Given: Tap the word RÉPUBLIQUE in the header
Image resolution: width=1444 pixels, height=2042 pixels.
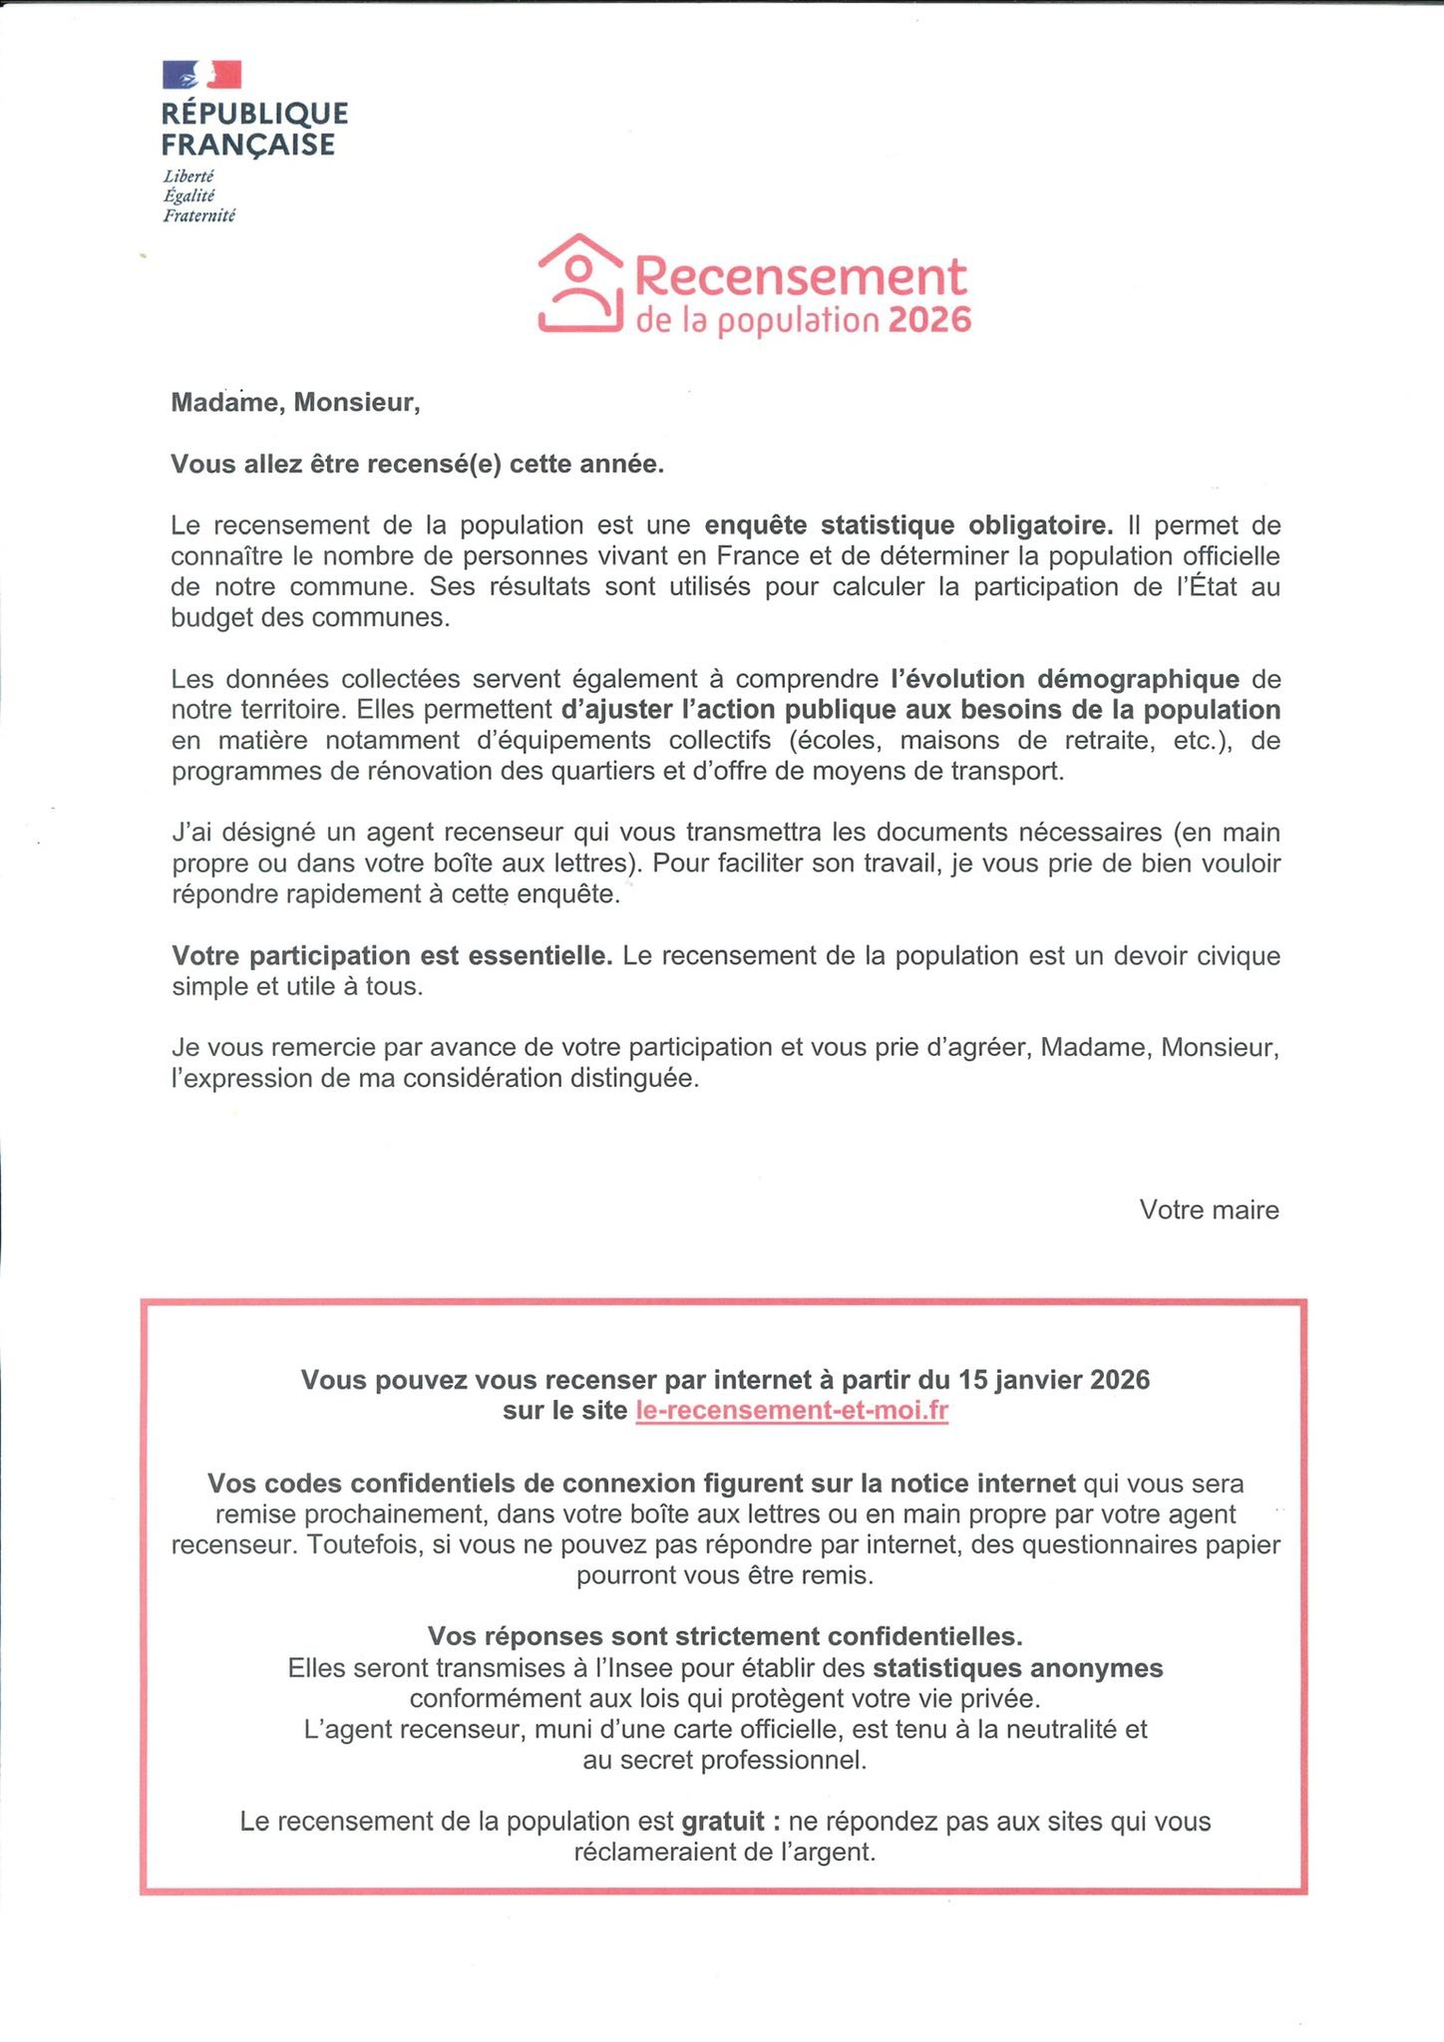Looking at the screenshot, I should [255, 113].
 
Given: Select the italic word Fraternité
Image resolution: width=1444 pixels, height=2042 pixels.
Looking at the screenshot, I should [199, 215].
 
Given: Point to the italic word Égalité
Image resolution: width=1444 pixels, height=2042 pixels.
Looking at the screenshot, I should [189, 195].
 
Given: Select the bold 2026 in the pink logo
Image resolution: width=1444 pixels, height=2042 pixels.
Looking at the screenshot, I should [928, 320].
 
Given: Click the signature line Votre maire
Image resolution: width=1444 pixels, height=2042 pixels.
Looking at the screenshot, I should [1209, 1209].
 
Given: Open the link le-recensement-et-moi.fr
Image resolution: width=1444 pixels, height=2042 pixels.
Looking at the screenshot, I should [792, 1411].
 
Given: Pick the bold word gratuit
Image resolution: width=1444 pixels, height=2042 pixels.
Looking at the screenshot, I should [723, 1822].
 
